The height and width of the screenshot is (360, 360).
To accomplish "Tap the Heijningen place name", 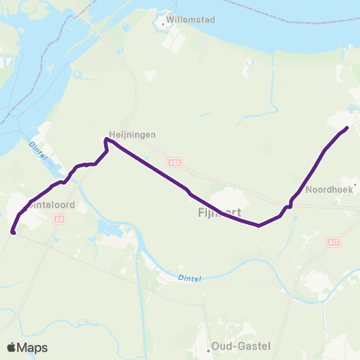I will pos(130,133).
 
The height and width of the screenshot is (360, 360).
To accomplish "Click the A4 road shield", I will pos(60,219).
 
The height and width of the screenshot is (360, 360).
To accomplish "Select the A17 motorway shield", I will pos(333,241).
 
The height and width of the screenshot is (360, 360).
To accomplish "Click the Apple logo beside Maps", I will pos(13,347).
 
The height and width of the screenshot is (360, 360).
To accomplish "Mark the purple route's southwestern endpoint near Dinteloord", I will pos(13,232).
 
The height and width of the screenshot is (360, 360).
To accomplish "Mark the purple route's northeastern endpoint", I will pos(347,128).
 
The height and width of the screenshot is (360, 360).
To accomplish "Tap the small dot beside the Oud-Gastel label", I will pos(208,349).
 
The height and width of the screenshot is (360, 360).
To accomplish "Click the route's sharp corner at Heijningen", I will pos(104,139).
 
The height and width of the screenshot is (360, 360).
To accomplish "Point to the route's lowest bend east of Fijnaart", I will pos(259,225).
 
